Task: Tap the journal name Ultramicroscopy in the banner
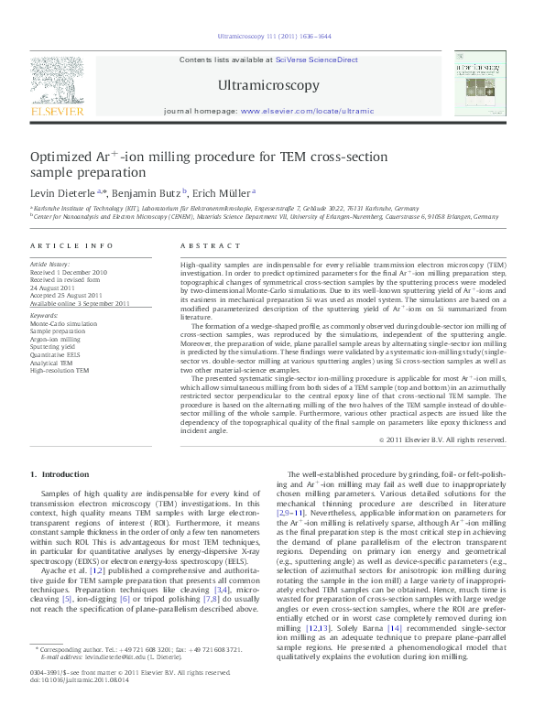tap(269, 86)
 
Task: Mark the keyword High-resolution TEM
tap(60, 371)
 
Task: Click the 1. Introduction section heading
tap(60, 474)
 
